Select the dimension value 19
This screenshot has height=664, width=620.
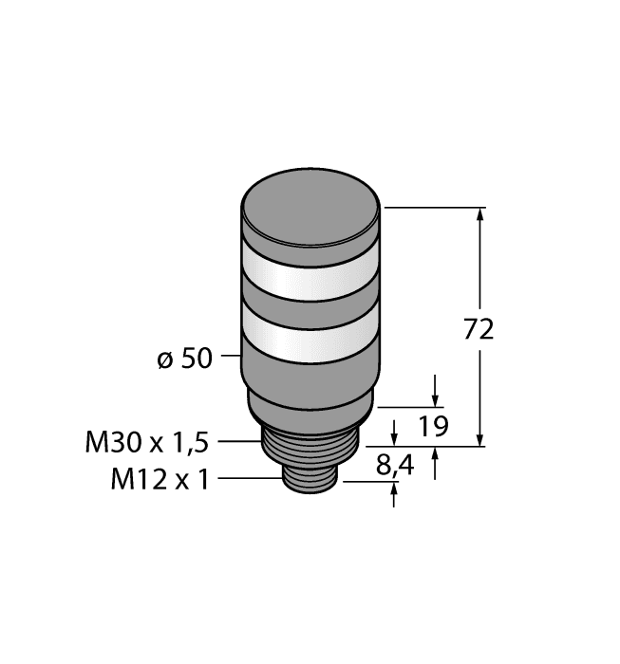(x=434, y=426)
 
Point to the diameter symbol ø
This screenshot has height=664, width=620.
(x=163, y=360)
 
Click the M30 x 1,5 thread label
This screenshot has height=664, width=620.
(x=147, y=441)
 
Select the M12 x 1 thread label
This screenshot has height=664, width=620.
(x=160, y=479)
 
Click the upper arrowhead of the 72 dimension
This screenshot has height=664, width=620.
(x=480, y=214)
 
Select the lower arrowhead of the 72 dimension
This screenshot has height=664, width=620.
(x=480, y=438)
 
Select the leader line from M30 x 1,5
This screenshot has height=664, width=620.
(x=239, y=441)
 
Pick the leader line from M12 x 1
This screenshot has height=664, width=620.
(x=250, y=479)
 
